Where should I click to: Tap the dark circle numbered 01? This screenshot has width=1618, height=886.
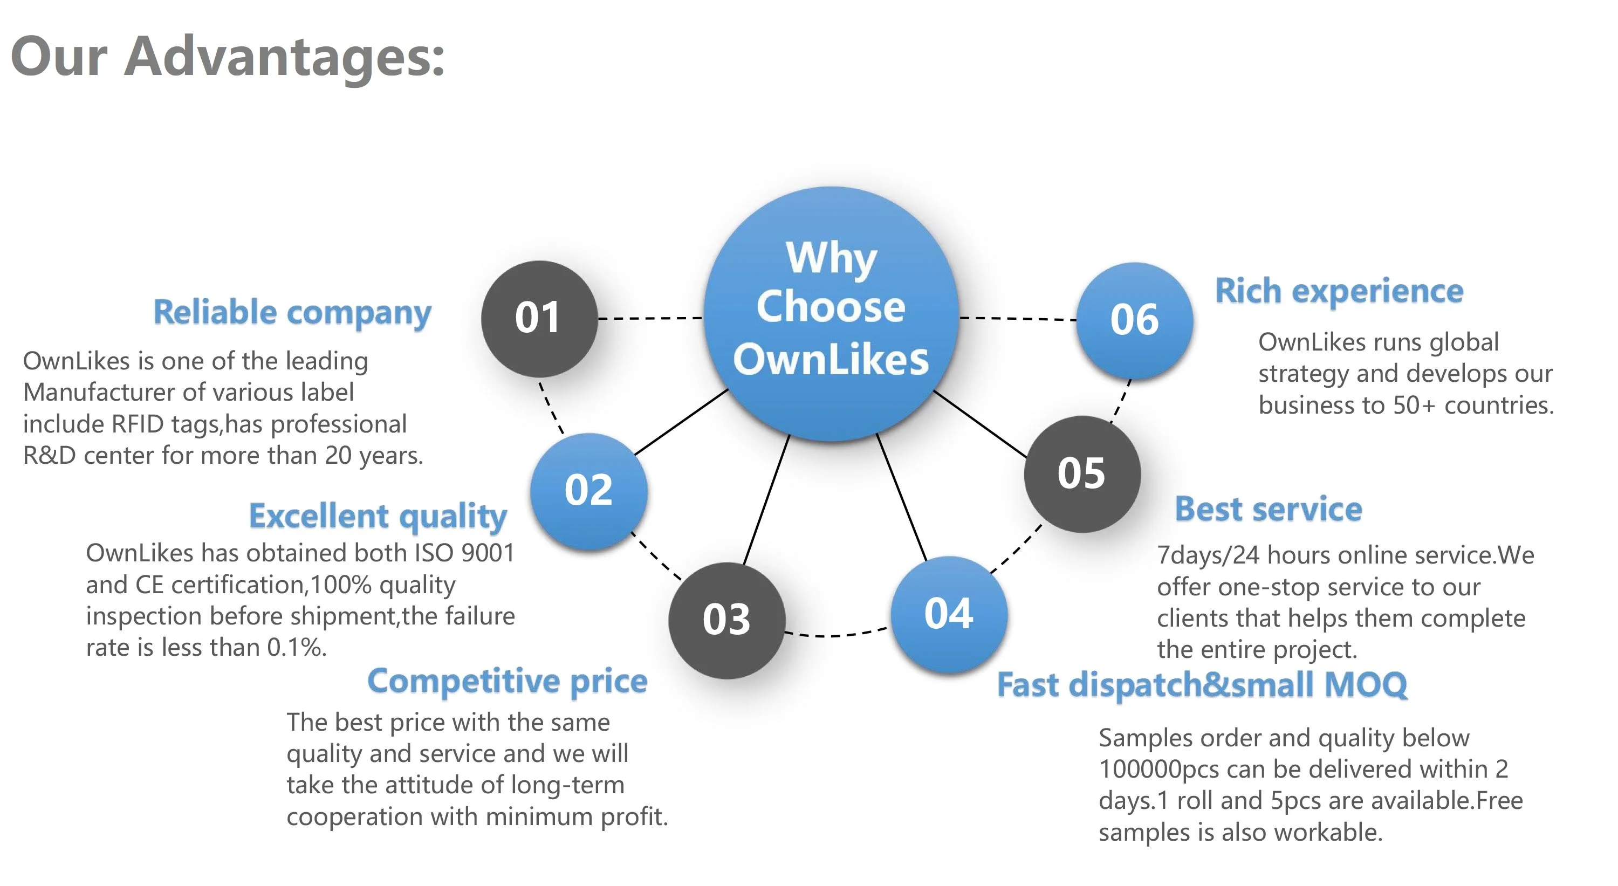coord(539,318)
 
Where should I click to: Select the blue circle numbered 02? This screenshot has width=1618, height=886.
coord(588,491)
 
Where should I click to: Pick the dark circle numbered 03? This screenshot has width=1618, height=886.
coord(726,620)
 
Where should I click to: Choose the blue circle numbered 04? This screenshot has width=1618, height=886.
coord(949,614)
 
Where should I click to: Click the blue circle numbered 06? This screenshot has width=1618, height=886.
coord(1134,320)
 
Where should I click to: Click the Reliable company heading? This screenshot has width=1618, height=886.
coord(293,313)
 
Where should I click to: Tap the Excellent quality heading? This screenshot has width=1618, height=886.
coord(378,517)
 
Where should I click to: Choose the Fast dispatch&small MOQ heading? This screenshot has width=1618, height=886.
coord(1202,684)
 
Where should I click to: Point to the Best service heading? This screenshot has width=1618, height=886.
coord(1269,509)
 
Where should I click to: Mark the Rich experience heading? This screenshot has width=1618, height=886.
coord(1339,291)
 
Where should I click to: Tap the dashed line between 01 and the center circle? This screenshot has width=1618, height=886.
coord(650,318)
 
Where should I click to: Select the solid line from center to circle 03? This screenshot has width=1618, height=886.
coord(766,500)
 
